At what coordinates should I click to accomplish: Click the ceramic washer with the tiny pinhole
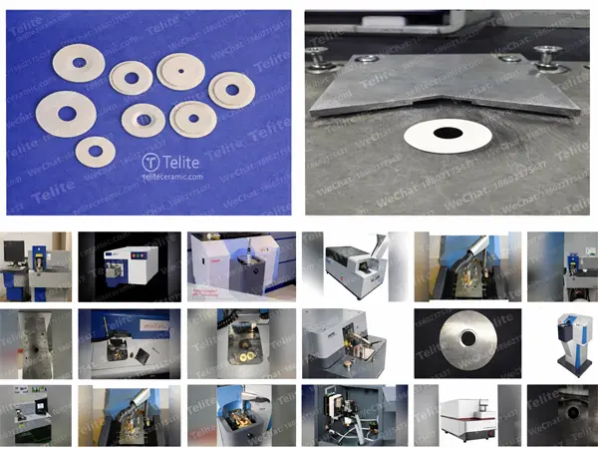180,72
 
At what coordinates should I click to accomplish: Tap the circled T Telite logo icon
150,162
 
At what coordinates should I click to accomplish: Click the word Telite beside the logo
182,162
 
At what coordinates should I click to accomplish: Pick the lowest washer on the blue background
95,152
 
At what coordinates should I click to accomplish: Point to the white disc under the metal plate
448,136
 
